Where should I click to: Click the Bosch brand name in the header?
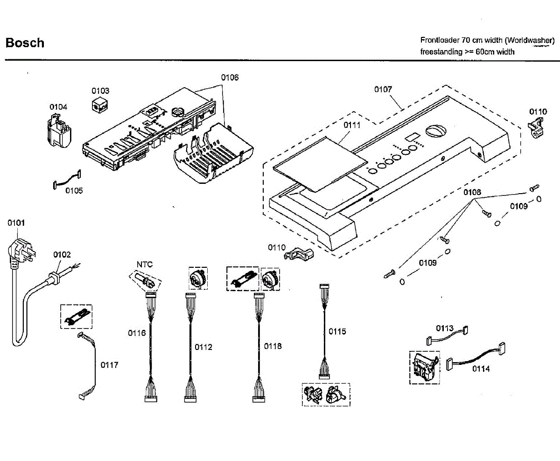25,43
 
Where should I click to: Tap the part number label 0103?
100,91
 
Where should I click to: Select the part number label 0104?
58,107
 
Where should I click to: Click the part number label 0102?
62,254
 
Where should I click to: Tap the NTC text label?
144,265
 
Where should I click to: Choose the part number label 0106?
230,77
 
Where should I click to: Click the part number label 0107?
383,89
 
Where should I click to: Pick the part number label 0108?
472,192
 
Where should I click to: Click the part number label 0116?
137,333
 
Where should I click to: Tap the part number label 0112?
203,347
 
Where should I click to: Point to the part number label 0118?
273,346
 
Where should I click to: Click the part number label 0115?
337,331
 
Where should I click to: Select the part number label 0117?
109,365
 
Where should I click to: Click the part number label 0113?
445,328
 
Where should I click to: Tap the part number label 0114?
481,369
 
